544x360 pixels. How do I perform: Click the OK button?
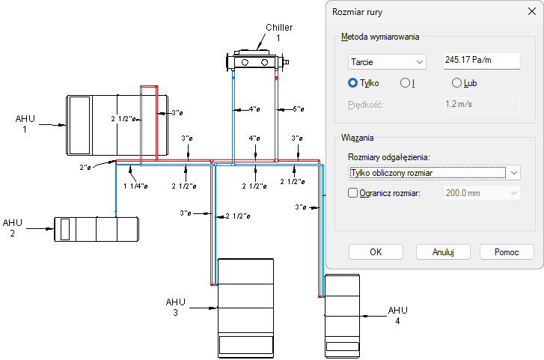pos(376,251)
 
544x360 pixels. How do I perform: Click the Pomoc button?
pos(507,251)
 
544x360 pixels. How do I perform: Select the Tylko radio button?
pos(353,83)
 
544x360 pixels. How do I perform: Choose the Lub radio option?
pos(457,83)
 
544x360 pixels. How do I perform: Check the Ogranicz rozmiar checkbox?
pos(354,193)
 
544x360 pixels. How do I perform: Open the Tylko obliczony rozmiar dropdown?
pos(434,173)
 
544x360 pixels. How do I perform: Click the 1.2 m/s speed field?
pos(481,105)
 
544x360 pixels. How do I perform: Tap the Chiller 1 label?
pos(278,32)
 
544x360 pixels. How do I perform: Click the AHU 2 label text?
pos(13,228)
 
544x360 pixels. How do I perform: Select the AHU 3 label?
pos(175,307)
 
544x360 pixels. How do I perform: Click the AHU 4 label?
pos(397,315)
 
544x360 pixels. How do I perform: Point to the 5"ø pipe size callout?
pos(298,109)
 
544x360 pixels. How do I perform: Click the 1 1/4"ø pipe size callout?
pos(135,185)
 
